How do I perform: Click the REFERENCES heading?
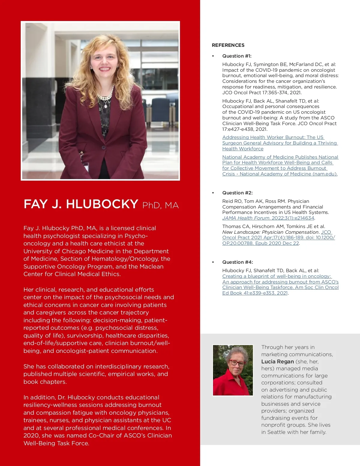[x=228, y=45]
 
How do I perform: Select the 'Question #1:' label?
[x=237, y=56]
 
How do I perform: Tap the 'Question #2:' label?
[x=237, y=193]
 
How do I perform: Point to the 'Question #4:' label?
[x=237, y=262]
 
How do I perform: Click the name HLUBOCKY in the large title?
[x=102, y=204]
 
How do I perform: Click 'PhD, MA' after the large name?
[x=160, y=206]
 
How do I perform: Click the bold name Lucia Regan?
[x=277, y=362]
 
